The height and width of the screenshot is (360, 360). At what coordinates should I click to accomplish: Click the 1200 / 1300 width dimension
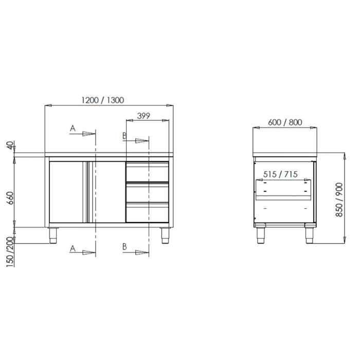point(102,100)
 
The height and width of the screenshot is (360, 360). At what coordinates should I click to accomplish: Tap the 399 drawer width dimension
point(143,116)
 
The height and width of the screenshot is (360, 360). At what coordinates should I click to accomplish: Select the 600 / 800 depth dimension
point(285,122)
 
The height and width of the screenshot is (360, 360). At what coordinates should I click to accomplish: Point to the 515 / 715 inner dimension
point(280,174)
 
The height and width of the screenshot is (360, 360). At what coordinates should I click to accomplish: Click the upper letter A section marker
point(73,128)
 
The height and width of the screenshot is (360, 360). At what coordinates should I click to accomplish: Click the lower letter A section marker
point(73,248)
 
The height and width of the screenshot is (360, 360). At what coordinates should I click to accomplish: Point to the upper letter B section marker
point(124,135)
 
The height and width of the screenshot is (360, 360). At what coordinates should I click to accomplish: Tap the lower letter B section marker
point(124,247)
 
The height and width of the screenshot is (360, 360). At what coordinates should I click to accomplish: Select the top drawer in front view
point(148,172)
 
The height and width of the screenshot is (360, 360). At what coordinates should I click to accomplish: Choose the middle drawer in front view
point(148,192)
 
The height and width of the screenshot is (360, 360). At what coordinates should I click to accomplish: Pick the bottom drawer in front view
point(148,212)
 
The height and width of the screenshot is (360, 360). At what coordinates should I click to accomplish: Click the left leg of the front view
point(53,235)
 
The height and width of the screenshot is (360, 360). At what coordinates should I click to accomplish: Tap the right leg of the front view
point(165,235)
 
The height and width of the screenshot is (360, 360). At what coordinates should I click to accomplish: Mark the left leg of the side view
point(260,235)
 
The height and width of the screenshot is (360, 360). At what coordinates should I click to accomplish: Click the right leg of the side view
point(309,235)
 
